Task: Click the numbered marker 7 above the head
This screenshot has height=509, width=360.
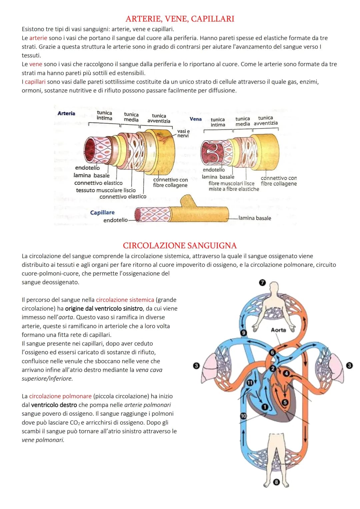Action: tap(262, 283)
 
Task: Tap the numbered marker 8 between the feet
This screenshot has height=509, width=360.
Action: tap(276, 482)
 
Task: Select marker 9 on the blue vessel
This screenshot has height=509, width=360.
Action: tap(244, 333)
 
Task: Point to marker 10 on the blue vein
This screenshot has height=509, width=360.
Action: tap(243, 416)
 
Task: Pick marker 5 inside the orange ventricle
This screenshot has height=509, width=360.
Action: tap(285, 402)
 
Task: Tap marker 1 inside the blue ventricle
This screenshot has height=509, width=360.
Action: tap(265, 407)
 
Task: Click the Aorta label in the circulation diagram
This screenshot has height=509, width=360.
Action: tap(278, 330)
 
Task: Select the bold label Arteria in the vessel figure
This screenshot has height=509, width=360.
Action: tap(66, 113)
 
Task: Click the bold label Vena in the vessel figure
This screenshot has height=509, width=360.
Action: tap(196, 119)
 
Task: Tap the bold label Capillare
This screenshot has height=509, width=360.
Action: tap(102, 212)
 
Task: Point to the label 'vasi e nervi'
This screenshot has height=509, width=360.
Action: tap(183, 133)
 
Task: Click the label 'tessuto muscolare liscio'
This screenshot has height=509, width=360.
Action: tap(106, 190)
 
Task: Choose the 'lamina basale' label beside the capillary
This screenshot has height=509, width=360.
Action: tap(255, 218)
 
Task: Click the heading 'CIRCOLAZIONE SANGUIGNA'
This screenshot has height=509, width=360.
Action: tap(180, 246)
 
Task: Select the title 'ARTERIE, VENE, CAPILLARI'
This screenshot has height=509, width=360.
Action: tap(180, 19)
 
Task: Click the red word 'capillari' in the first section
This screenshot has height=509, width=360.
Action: tap(35, 82)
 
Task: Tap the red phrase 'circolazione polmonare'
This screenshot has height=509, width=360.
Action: tap(60, 396)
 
